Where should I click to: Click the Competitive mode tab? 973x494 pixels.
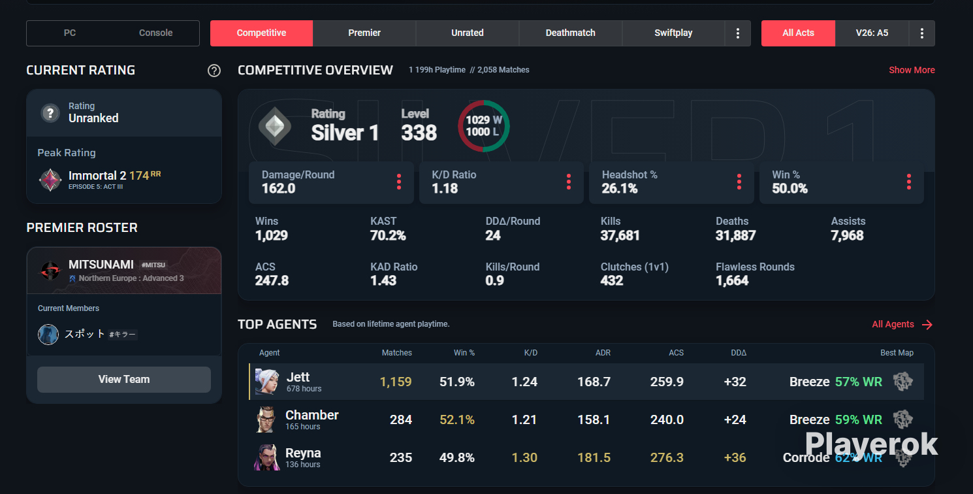click(x=261, y=33)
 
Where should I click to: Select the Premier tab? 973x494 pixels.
click(x=364, y=33)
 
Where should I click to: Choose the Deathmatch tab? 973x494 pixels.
click(x=570, y=33)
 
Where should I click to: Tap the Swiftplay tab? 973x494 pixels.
click(x=673, y=33)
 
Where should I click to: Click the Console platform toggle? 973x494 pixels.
click(x=155, y=33)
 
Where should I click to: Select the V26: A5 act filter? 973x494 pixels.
click(x=872, y=33)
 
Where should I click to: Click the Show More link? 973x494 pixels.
click(x=912, y=70)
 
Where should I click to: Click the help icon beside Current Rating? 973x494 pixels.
click(x=214, y=71)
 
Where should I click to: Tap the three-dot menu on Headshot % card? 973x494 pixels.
click(x=739, y=182)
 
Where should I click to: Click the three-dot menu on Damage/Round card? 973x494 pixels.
click(x=399, y=182)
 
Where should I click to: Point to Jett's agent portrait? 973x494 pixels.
click(x=266, y=382)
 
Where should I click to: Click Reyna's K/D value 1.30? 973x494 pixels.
click(x=524, y=457)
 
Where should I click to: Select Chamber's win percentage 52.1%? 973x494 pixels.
click(x=457, y=420)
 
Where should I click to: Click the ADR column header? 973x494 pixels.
click(x=603, y=353)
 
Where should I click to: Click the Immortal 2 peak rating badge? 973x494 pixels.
click(x=50, y=180)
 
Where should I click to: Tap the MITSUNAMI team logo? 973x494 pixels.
click(x=50, y=271)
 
